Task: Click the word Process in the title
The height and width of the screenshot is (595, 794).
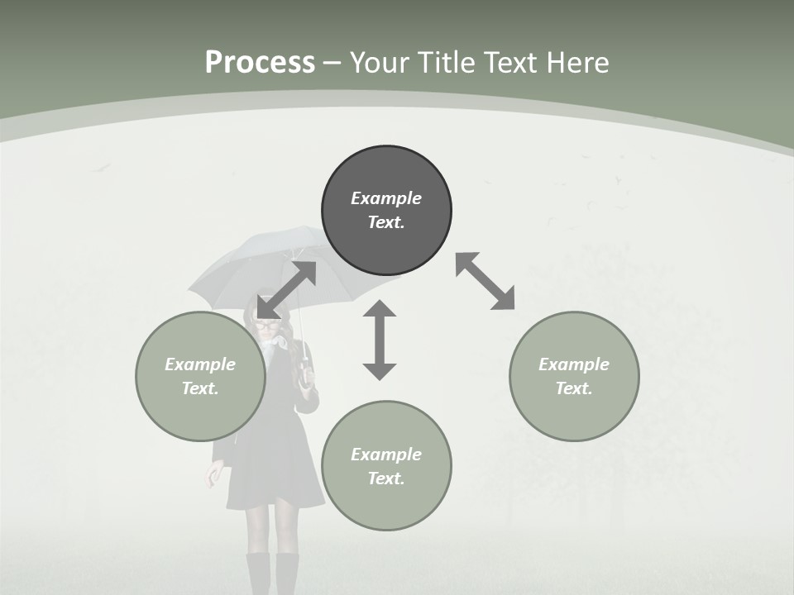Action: [x=260, y=63]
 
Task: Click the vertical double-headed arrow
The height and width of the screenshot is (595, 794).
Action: [x=380, y=340]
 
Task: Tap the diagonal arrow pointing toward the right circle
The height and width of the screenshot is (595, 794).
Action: [x=485, y=281]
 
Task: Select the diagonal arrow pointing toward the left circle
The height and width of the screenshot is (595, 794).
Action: [x=286, y=289]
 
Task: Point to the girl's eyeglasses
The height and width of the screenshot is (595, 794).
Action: [x=265, y=325]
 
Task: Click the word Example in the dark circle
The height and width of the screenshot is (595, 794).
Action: [x=386, y=198]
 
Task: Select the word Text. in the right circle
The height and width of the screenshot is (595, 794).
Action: [x=574, y=388]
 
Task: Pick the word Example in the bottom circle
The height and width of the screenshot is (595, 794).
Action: [x=386, y=455]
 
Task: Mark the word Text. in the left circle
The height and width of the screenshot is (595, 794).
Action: [x=200, y=388]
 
